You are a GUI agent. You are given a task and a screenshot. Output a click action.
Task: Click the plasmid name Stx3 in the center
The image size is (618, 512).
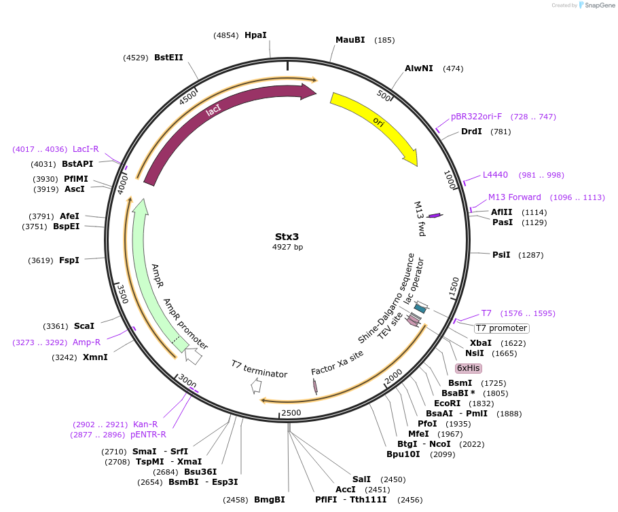coord(287,237)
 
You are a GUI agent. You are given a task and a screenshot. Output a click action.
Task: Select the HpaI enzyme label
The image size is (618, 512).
coord(255,35)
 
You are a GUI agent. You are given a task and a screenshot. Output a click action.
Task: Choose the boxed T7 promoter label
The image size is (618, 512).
coord(502,328)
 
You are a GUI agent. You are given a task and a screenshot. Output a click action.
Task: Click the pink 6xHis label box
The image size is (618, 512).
coord(469,368)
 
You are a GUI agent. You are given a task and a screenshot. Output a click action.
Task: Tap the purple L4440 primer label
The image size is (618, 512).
coord(495,175)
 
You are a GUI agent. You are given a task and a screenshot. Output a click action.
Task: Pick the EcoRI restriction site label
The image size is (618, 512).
coord(449,403)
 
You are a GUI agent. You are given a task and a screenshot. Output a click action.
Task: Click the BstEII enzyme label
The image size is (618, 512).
coord(168,58)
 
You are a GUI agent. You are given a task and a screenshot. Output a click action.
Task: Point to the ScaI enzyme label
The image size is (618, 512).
coord(84,326)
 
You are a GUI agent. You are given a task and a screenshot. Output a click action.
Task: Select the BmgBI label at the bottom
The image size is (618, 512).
coord(269,500)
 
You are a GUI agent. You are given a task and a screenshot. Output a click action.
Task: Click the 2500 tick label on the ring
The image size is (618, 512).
coord(291,413)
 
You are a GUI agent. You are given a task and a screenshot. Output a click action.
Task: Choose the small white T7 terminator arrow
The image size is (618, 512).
coord(256,386)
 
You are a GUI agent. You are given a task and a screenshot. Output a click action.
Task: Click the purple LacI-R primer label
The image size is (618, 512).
coord(86,149)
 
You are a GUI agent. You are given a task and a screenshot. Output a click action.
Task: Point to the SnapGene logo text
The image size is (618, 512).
coord(595,5)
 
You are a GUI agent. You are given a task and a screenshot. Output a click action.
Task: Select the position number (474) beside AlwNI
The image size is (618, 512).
coord(453,68)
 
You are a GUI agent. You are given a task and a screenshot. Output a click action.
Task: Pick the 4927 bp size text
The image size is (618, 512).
coord(287,248)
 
